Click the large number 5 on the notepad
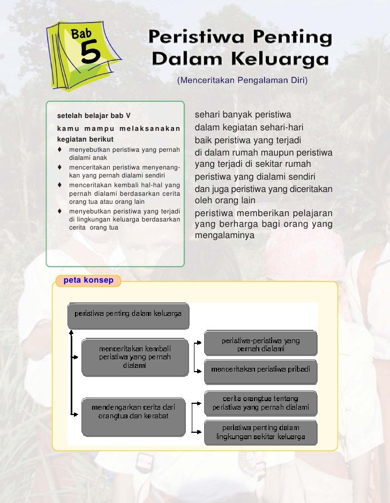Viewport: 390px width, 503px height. tap(90, 54)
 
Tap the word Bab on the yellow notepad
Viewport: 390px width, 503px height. tap(82, 34)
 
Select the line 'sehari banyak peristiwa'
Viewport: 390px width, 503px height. tap(243, 115)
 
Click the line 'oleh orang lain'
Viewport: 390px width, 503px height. tap(224, 201)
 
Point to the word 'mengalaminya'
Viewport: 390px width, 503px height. tap(224, 235)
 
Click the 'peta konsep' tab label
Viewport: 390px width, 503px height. tap(88, 280)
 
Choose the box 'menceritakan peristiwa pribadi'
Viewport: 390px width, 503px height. tap(260, 369)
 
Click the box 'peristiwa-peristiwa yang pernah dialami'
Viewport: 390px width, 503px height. tap(260, 344)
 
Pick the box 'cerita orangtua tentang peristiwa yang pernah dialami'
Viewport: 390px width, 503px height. tap(260, 403)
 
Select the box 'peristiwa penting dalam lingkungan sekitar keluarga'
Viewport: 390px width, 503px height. tap(260, 432)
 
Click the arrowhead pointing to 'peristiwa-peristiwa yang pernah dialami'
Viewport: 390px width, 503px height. tap(200, 341)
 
